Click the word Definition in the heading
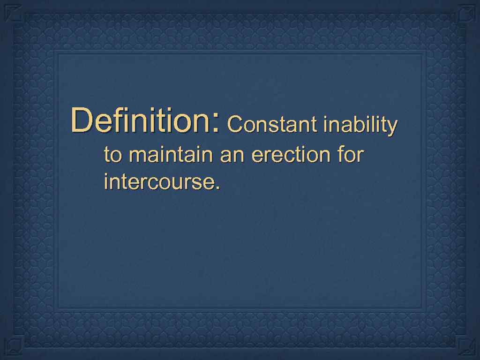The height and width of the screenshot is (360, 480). click(141, 120)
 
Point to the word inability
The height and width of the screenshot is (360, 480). click(360, 125)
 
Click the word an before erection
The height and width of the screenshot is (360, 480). click(232, 156)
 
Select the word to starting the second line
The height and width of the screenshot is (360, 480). click(112, 155)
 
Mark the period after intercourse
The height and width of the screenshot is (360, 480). click(217, 188)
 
